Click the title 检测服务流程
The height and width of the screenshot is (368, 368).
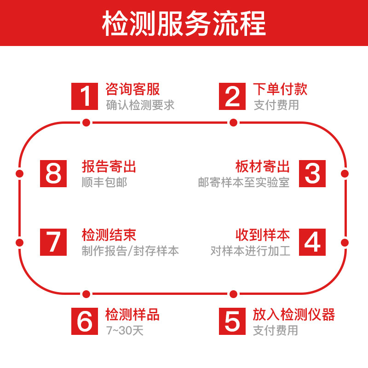184,24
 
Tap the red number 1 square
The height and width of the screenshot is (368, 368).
85,96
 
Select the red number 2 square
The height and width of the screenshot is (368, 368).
232,96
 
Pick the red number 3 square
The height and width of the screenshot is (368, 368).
312,173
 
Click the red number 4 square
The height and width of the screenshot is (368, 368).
312,242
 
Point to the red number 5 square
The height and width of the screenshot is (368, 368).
232,321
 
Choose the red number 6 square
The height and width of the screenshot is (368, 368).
85,321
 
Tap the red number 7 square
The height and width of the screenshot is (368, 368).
54,242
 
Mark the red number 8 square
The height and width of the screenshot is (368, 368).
54,173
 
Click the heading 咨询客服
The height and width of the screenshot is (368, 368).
132,89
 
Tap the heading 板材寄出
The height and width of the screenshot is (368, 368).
263,166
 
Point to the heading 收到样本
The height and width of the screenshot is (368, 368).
263,235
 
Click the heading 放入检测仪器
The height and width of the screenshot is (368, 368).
294,315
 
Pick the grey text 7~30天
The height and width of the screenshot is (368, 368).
124,330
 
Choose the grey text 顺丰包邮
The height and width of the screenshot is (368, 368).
104,182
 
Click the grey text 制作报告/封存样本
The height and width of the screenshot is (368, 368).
130,251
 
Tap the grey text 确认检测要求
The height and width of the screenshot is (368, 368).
140,105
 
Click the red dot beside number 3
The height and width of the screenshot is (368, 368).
345,173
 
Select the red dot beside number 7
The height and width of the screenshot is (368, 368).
19,242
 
